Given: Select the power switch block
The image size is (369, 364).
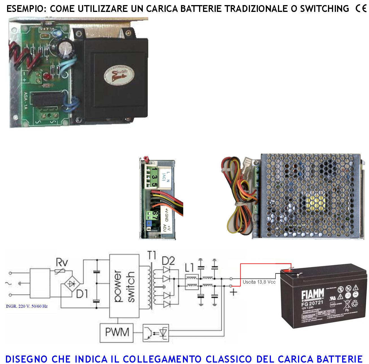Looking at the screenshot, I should click(x=124, y=286).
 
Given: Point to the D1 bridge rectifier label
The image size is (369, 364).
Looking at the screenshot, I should click(x=82, y=294).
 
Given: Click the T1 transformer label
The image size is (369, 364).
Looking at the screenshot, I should click(x=152, y=256).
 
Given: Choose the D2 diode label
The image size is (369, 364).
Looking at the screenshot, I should click(x=168, y=261).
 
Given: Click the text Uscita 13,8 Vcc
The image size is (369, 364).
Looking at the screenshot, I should click(x=259, y=282).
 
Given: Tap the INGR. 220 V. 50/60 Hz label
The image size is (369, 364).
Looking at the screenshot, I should click(x=27, y=306).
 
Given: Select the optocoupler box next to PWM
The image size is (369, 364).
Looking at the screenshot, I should click(x=156, y=332).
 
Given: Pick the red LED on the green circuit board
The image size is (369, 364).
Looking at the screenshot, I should click(x=47, y=77).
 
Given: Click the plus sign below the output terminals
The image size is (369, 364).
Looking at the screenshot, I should click(x=234, y=292).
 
